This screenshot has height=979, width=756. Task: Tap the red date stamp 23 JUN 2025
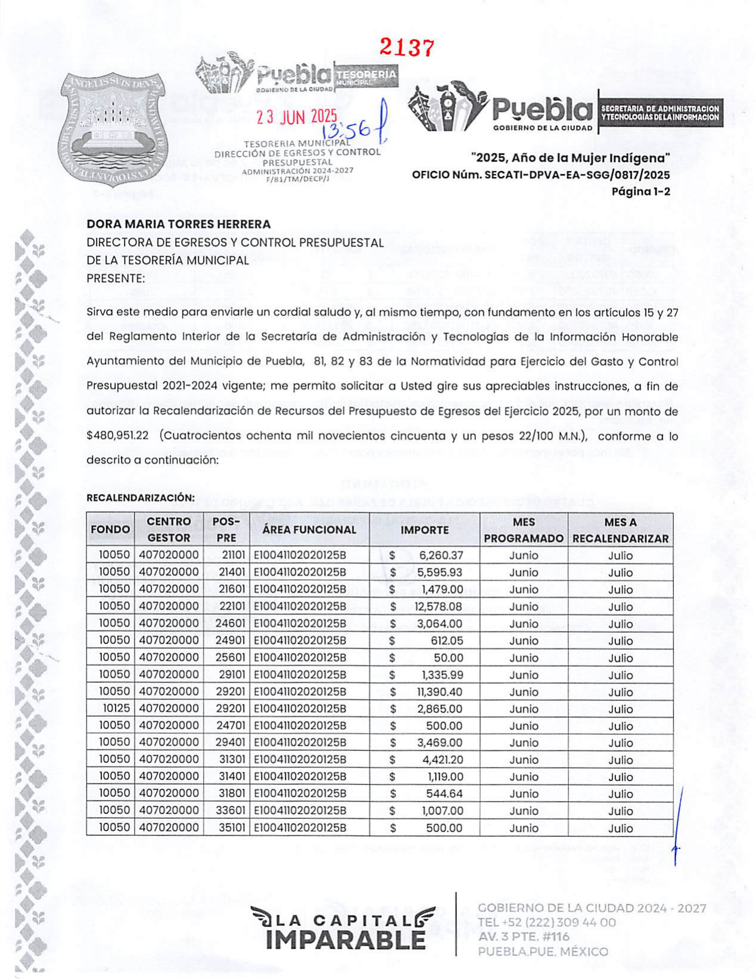point(296,117)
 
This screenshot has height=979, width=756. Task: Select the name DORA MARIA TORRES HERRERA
point(179,224)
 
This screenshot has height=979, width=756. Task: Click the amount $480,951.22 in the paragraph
point(117,436)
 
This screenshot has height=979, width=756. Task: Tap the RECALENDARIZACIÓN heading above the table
point(141,498)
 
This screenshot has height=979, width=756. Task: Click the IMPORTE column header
point(424,530)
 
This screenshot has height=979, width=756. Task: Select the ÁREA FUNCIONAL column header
point(309,530)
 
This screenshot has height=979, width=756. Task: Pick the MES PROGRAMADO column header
point(524,530)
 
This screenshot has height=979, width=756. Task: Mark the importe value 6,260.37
point(440,556)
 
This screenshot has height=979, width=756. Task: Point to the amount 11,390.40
point(439,692)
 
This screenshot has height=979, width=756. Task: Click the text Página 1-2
point(640,191)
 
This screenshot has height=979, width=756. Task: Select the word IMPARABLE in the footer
point(346,940)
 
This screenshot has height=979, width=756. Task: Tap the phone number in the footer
point(547,922)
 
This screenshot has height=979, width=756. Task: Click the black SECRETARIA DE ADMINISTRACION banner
point(660,113)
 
